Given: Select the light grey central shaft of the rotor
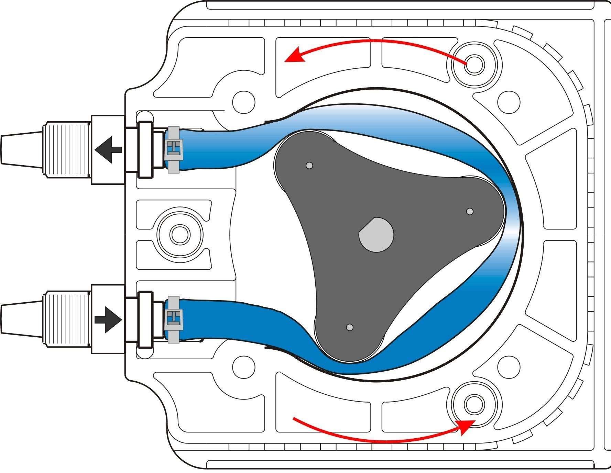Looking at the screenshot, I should pos(376,235).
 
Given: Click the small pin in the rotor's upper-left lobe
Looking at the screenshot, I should pos(309,166).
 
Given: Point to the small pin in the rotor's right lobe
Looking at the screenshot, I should pos(469,211).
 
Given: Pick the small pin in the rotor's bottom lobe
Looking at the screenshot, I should pos(350,327).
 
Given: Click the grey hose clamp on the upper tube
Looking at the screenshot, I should pos(174,150).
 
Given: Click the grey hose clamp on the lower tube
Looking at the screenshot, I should pos(174,320).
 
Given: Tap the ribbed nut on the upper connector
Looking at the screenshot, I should pos(66,150).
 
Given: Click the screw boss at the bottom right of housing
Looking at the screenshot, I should pos(474,404).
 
